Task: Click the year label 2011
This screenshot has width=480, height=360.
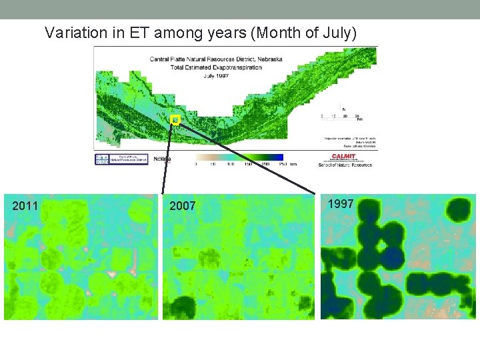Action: point(25,206)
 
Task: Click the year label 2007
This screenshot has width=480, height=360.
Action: point(183,206)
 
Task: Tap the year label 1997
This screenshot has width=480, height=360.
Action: point(341,204)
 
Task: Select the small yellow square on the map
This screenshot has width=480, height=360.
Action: point(175,120)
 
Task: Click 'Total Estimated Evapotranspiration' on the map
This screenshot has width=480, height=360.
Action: point(215,67)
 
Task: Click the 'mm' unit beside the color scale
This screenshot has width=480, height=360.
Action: point(293,165)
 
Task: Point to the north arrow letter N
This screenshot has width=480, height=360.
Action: point(344,109)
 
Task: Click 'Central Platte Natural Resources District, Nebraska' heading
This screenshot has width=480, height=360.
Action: point(215,59)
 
